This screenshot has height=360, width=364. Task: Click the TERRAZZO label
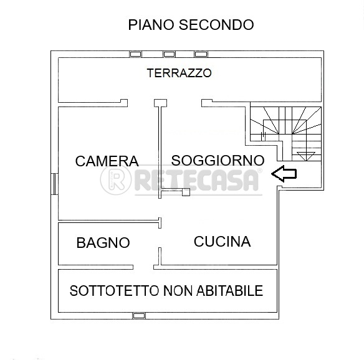pos(180,73)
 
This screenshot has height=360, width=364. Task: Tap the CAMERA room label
pos(107,161)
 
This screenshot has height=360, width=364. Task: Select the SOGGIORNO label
pos(218,160)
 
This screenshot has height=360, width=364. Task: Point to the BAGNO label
pos(103,243)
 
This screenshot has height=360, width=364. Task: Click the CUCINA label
pos(222,242)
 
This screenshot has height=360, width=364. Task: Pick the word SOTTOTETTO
pos(114,291)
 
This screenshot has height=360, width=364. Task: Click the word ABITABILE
pos(229,291)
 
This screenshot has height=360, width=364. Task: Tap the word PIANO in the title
pos(151,25)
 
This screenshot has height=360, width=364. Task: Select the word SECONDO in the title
pos(216,25)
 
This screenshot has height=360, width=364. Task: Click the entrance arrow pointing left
pos(284,174)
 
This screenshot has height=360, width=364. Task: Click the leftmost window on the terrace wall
pos(136,54)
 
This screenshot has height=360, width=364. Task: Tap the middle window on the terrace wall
pos(170,54)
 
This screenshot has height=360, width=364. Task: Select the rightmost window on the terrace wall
pos(201,54)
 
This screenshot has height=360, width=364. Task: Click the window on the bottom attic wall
pos(139,316)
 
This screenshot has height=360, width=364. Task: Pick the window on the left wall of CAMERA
pos(54,184)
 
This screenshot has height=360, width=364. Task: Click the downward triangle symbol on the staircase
pos(306,156)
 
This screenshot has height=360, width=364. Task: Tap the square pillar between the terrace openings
pos(160,103)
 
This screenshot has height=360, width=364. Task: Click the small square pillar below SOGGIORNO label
pos(186,192)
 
